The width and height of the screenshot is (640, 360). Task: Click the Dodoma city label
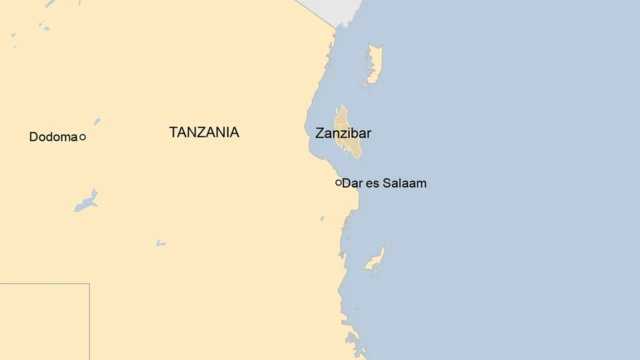[53, 137]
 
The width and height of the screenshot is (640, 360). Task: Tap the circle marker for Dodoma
[83, 137]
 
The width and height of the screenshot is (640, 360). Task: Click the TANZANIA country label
[204, 132]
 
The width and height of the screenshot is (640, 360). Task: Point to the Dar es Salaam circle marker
[339, 183]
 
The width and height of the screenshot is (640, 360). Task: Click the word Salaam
[404, 183]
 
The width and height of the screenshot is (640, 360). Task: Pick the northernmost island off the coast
[374, 62]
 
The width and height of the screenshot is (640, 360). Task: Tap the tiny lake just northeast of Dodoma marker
[97, 122]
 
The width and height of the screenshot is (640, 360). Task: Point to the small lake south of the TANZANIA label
[160, 242]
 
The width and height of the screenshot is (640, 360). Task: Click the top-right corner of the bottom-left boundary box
[89, 284]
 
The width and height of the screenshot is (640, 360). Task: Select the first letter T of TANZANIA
[174, 132]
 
